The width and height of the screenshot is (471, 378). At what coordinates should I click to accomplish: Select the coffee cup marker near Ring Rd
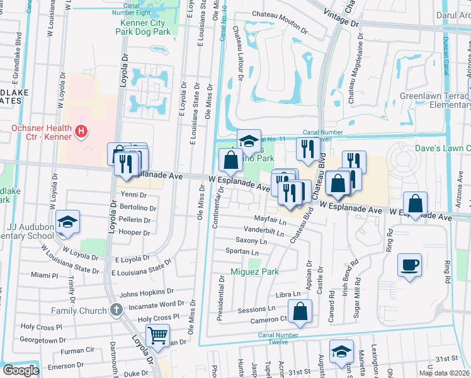[409, 264]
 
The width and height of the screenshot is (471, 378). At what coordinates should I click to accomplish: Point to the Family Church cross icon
[115, 310]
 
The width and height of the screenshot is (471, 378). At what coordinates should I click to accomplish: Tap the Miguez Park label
[255, 272]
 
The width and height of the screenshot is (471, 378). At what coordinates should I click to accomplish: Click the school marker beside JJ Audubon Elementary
[67, 222]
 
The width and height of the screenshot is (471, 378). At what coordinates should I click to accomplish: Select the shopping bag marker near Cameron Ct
[301, 311]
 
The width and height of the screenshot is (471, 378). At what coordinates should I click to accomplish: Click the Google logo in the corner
[21, 370]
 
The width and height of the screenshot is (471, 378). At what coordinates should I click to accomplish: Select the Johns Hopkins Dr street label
[146, 292]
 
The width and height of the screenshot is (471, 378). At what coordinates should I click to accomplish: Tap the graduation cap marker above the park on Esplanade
[249, 140]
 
